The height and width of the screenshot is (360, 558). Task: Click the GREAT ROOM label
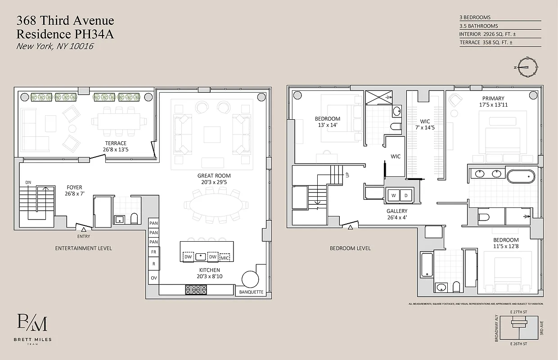click(x=214, y=175)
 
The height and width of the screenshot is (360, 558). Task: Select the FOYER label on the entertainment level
click(x=74, y=187)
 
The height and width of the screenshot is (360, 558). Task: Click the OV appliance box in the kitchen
click(x=154, y=278)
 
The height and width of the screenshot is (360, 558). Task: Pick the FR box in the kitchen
click(x=154, y=252)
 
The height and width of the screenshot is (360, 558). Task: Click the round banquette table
click(x=250, y=279)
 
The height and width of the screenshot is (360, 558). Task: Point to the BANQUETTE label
click(x=251, y=292)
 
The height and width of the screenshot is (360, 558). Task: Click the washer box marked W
click(x=393, y=195)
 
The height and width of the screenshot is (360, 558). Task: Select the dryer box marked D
click(x=405, y=195)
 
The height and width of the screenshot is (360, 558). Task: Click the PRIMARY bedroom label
click(x=493, y=98)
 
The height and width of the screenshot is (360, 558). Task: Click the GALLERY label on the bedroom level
click(x=396, y=211)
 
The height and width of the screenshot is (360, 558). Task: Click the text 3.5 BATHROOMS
click(x=479, y=26)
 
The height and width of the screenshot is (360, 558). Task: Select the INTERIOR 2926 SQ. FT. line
click(x=486, y=34)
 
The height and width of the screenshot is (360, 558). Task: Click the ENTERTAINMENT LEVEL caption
click(x=83, y=248)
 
